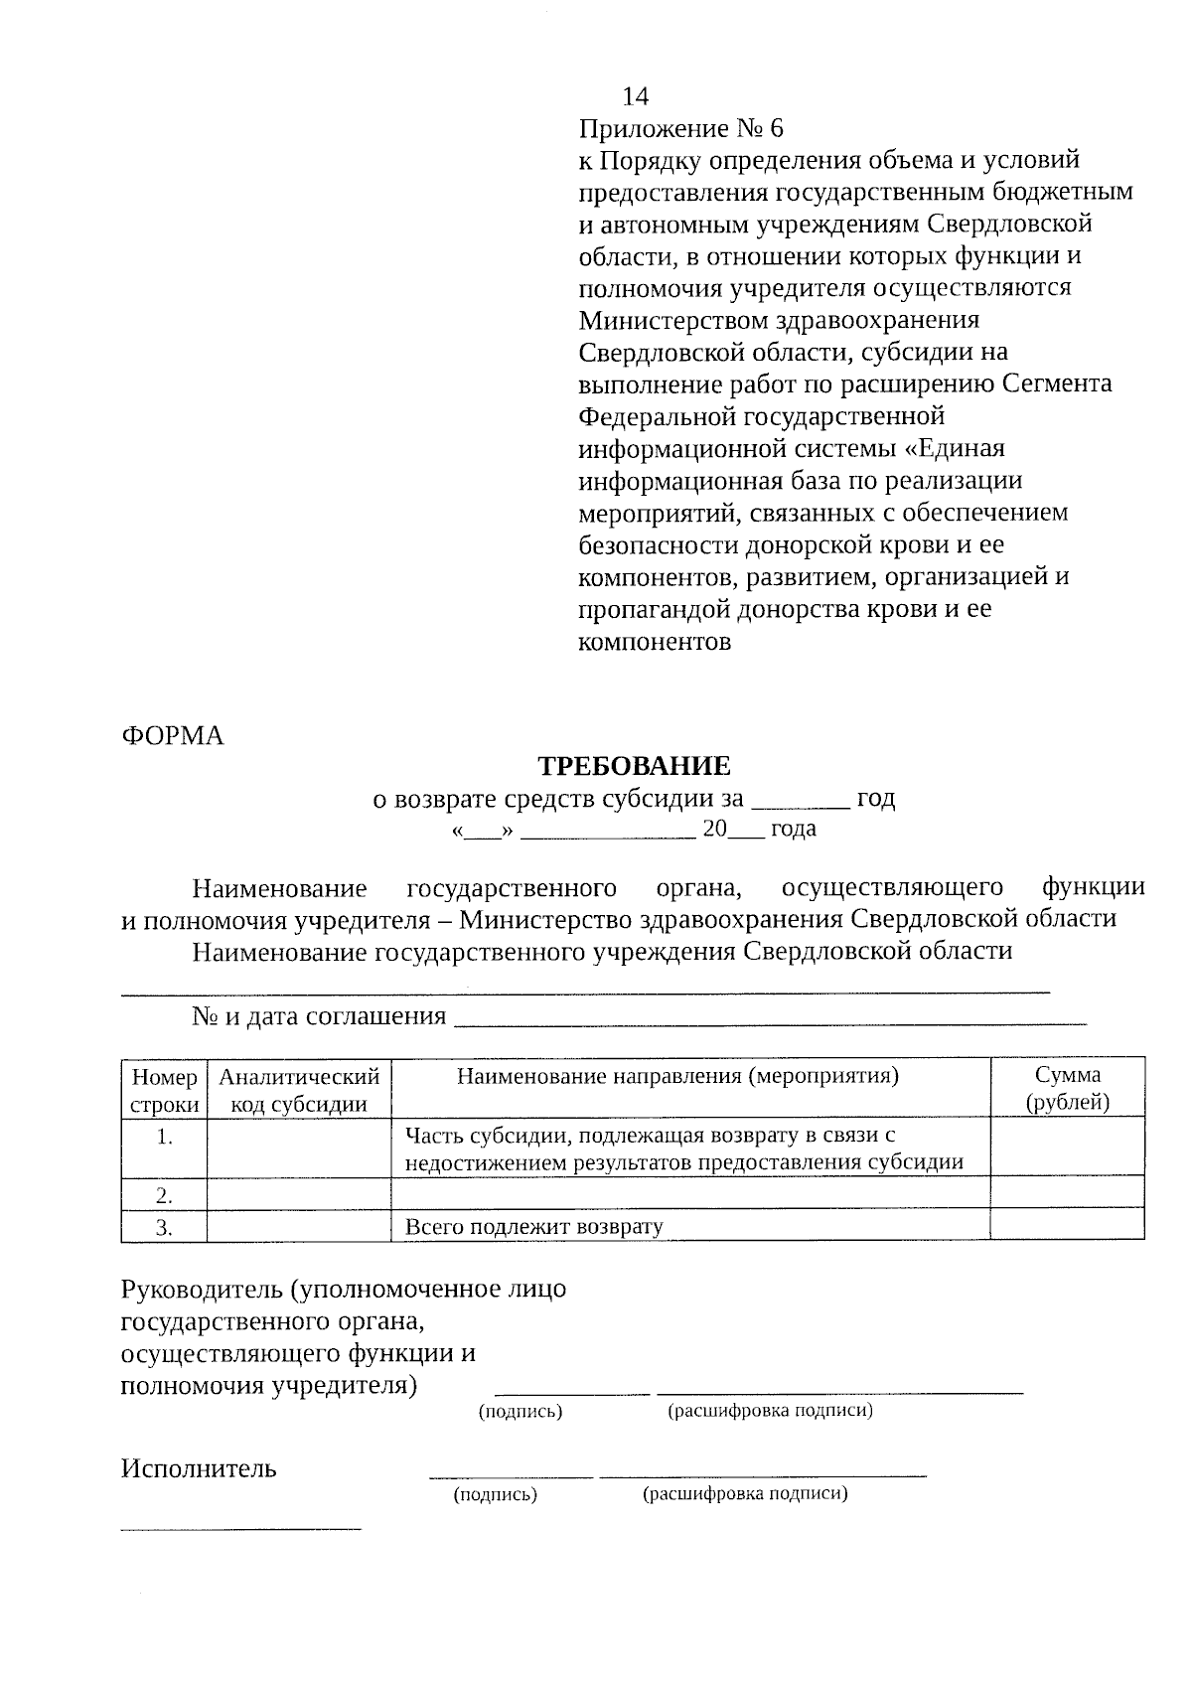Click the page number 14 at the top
[635, 96]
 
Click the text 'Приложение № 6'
[680, 128]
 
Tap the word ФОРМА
[173, 736]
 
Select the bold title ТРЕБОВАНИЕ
[634, 766]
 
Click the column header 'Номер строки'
[164, 1090]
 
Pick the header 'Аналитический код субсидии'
[299, 1090]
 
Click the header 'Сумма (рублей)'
[1067, 1088]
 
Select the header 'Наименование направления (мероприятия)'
[677, 1076]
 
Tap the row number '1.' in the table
[165, 1139]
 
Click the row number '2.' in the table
[165, 1194]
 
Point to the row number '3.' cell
[165, 1227]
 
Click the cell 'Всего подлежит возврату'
[533, 1227]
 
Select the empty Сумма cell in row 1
[1067, 1149]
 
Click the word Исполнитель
[199, 1468]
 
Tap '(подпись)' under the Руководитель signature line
[521, 1412]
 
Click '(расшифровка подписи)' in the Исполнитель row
[745, 1494]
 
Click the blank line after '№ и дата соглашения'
[770, 1017]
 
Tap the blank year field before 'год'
[801, 801]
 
